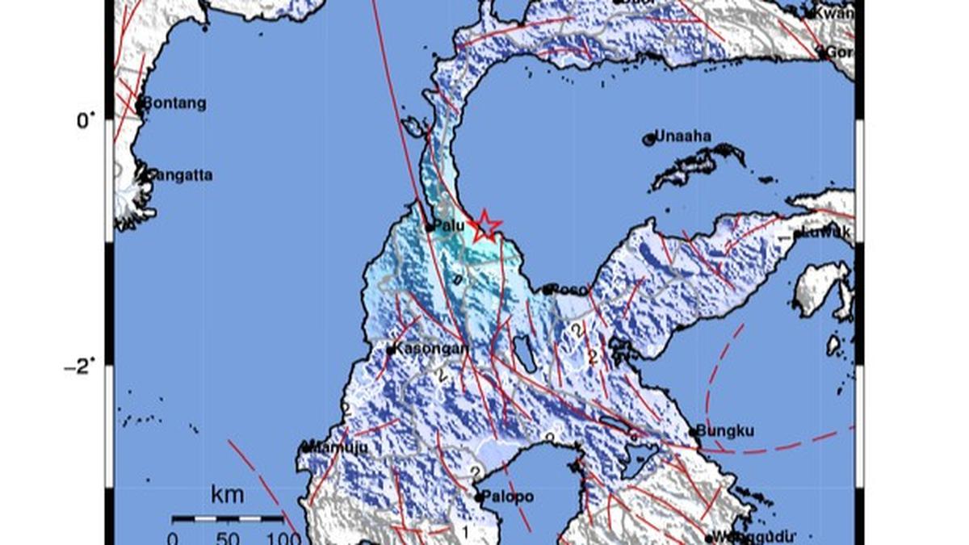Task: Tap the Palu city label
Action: click(x=449, y=226)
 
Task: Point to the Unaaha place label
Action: click(x=682, y=136)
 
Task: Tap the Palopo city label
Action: click(x=509, y=497)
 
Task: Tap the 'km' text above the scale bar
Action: click(x=227, y=495)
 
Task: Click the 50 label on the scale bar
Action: click(x=228, y=538)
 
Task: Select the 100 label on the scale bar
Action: click(x=283, y=538)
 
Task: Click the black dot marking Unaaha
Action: click(x=648, y=140)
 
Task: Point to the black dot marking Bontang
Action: click(x=140, y=103)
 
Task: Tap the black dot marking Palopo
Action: click(x=480, y=498)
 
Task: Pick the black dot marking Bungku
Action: click(x=694, y=432)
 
